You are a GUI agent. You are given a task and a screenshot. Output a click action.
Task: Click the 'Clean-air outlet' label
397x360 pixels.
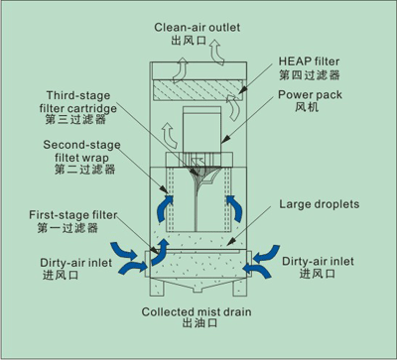tap(198, 27)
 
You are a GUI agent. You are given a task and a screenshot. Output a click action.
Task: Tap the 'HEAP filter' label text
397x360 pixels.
tap(309, 61)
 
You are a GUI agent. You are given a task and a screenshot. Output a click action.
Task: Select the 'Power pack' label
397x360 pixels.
tap(310, 95)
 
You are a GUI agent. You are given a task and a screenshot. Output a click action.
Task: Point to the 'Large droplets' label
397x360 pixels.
tap(320, 204)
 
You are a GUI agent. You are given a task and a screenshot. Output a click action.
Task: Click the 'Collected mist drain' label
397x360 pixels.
tap(197, 311)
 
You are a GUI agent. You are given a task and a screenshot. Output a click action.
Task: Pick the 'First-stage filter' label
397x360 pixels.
tap(73, 215)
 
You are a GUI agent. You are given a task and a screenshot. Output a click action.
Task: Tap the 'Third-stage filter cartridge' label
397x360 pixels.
tap(78, 102)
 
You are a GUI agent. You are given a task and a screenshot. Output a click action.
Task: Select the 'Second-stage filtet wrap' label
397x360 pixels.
tap(81, 151)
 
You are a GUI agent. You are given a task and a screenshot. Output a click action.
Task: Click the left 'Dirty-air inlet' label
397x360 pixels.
tap(75, 263)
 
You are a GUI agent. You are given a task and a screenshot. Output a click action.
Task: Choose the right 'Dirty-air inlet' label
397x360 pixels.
tap(318, 262)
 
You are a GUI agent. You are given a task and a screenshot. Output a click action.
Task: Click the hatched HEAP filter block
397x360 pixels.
tap(197, 90)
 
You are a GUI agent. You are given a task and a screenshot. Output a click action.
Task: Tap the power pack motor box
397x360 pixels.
tap(201, 130)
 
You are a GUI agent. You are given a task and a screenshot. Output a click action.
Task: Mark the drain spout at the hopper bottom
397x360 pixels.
tap(198, 290)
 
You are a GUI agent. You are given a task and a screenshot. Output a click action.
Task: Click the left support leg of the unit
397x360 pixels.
tap(157, 287)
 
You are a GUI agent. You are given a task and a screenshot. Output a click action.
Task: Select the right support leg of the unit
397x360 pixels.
tap(240, 287)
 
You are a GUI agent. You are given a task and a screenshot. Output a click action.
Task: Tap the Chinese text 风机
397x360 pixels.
tap(307, 107)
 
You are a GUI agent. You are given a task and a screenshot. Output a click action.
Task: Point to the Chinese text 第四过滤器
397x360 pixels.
tap(310, 74)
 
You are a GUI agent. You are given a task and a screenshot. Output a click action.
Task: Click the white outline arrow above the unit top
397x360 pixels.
tap(217, 52)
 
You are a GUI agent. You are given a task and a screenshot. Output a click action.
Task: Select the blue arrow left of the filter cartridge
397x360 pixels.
tap(164, 208)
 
